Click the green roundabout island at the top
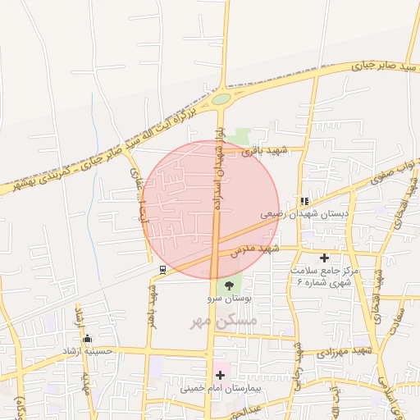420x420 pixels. point(221,99)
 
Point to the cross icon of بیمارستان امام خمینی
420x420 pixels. point(219,375)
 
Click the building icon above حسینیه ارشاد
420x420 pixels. point(88,339)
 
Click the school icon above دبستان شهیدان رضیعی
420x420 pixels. point(304,200)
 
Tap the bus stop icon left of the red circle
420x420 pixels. point(162,269)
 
